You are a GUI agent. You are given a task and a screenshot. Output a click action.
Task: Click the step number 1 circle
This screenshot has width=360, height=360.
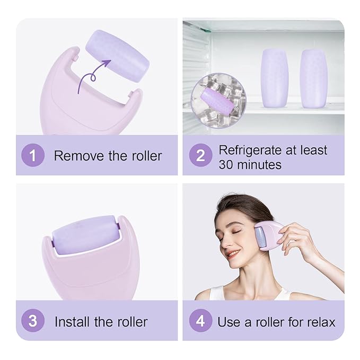(33, 156)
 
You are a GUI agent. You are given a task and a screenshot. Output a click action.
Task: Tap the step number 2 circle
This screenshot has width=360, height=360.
(200, 156)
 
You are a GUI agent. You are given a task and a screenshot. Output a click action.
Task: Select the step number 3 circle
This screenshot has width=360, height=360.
(33, 321)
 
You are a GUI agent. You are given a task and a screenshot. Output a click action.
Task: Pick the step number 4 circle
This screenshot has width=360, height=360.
(200, 321)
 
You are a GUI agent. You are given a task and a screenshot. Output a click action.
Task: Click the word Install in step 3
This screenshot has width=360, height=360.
(72, 321)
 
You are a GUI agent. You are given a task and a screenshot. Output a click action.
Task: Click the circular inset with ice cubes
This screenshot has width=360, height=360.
(217, 97)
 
